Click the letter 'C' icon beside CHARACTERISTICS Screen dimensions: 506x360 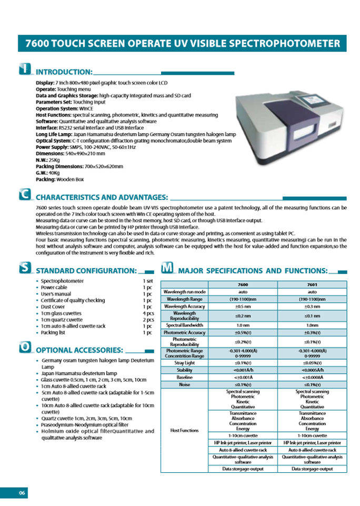[24, 195]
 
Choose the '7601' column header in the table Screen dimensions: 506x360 [313, 284]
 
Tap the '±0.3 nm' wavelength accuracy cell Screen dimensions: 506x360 [313, 306]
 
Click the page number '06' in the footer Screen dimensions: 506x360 [22, 493]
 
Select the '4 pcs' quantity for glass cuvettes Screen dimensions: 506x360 [147, 313]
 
